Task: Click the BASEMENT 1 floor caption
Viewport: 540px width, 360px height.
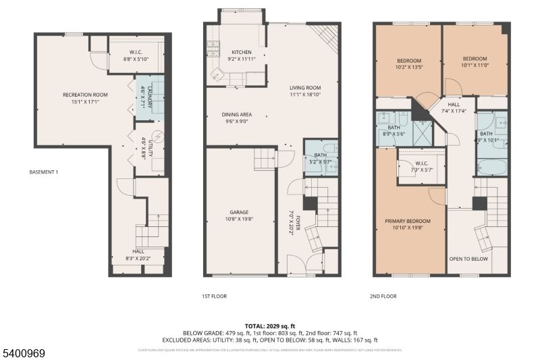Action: tap(44, 172)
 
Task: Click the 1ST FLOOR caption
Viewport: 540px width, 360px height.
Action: tap(214, 297)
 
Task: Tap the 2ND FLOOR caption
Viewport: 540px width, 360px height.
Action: tap(384, 297)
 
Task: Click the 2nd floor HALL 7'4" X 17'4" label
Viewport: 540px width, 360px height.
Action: tap(454, 108)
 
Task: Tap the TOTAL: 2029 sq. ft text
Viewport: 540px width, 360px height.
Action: tap(269, 326)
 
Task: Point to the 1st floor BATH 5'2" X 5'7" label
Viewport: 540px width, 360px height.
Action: tap(321, 159)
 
